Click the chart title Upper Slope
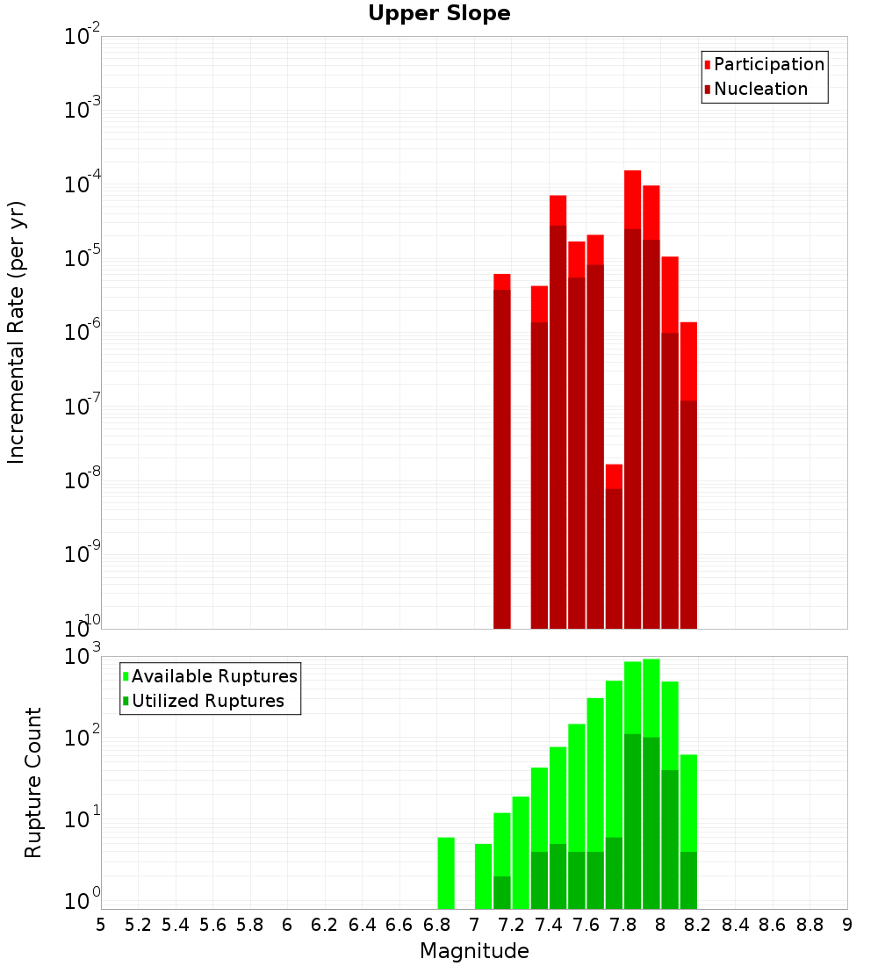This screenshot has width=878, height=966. click(439, 14)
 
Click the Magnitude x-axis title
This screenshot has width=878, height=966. click(474, 951)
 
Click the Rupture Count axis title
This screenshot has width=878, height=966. click(33, 782)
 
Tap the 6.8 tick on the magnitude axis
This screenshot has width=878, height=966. click(436, 925)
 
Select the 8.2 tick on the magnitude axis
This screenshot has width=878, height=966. click(698, 925)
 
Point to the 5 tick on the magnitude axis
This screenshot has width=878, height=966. click(101, 925)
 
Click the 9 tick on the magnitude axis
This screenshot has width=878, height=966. click(847, 925)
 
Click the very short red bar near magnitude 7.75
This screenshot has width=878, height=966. click(614, 544)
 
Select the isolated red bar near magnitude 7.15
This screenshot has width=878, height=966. click(502, 448)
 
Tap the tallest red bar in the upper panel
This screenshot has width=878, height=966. click(632, 395)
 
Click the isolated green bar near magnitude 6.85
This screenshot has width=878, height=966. click(446, 873)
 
